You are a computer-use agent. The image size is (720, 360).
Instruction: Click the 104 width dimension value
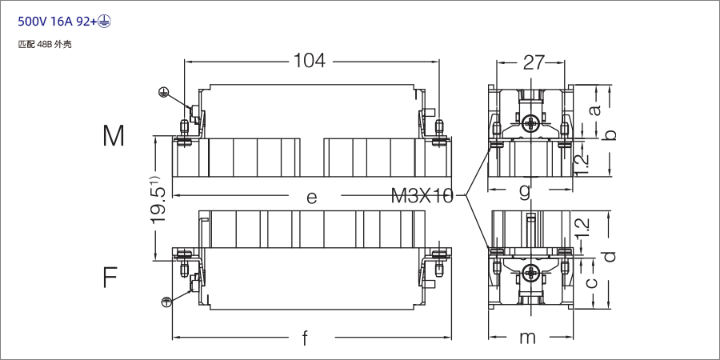[309, 61]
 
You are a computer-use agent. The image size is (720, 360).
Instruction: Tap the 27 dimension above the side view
[534, 62]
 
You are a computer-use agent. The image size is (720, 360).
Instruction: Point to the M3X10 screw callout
[422, 196]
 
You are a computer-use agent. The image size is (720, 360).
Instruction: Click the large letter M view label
[114, 136]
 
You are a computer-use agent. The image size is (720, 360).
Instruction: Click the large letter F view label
[110, 278]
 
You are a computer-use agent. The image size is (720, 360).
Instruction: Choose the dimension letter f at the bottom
[305, 338]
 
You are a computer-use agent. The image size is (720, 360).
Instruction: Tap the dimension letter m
[527, 338]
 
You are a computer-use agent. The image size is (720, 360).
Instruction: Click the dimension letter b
[610, 135]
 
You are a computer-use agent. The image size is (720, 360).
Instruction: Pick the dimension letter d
[610, 256]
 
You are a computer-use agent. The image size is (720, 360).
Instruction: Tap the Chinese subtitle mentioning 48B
[45, 45]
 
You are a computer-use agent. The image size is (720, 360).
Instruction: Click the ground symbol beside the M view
[163, 92]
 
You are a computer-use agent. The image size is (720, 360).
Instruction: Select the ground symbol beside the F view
[166, 302]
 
